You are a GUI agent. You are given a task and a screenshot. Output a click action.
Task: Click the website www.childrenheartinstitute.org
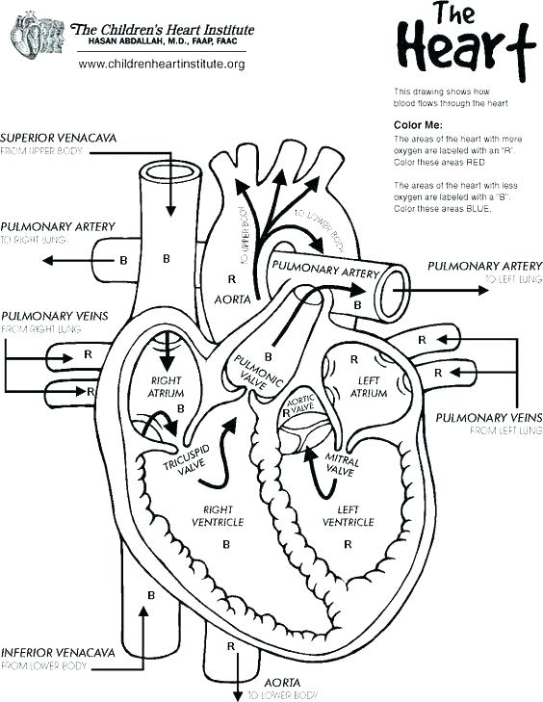pyautogui.click(x=162, y=64)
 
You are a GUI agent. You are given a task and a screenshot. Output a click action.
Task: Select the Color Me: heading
pyautogui.click(x=418, y=125)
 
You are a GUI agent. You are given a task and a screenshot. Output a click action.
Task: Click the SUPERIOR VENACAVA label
pyautogui.click(x=59, y=139)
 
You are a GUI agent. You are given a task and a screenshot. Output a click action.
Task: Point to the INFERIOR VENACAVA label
pyautogui.click(x=59, y=652)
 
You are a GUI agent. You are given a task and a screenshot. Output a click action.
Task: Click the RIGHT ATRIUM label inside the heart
pyautogui.click(x=166, y=387)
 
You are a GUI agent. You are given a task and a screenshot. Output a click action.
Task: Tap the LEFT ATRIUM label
pyautogui.click(x=369, y=387)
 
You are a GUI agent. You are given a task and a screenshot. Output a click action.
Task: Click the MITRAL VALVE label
pyautogui.click(x=342, y=466)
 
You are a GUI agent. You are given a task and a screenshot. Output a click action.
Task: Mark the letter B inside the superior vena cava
pyautogui.click(x=166, y=259)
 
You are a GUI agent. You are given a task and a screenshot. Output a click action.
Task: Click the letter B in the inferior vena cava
pyautogui.click(x=151, y=595)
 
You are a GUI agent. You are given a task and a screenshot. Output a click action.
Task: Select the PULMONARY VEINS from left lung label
pyautogui.click(x=488, y=417)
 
